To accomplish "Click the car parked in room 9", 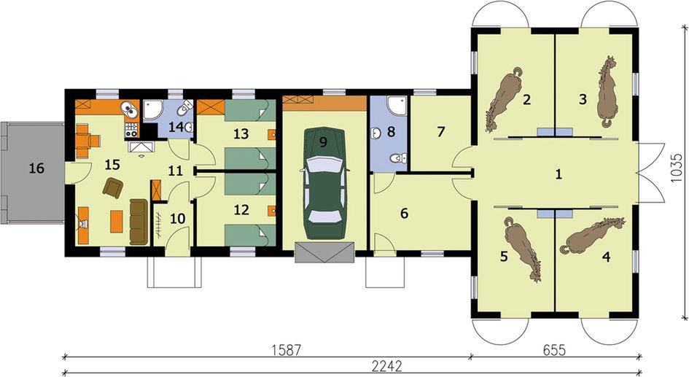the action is point(324,183).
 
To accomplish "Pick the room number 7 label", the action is point(440,131).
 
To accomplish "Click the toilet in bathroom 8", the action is point(399,158).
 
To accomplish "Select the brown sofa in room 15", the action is point(139,222).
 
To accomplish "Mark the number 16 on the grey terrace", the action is point(36,168).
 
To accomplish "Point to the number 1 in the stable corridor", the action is point(558,174).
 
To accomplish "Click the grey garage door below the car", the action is point(324,252).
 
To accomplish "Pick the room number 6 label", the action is point(404,214).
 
